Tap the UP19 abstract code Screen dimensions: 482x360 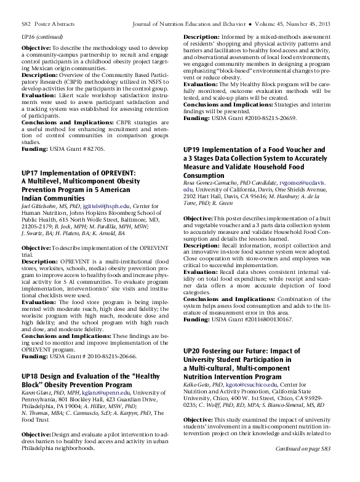pos(192,150)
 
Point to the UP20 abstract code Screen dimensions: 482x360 pos(192,350)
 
